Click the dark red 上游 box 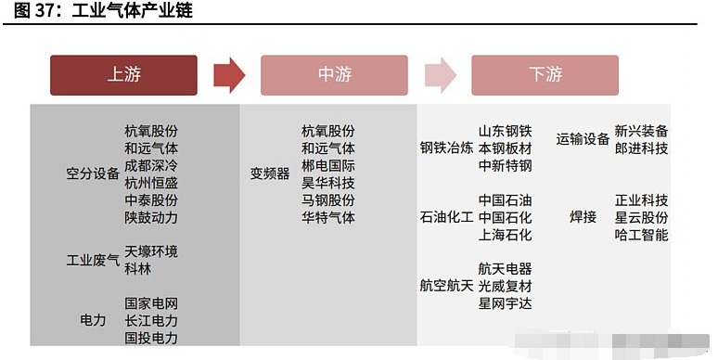click(x=123, y=75)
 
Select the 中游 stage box click(x=334, y=75)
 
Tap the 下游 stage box click(x=545, y=75)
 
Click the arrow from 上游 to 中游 click(x=228, y=75)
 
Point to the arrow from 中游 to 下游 click(x=440, y=75)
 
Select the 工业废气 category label click(x=93, y=260)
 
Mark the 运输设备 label click(x=583, y=140)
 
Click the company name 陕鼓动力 click(x=151, y=217)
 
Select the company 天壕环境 click(x=151, y=251)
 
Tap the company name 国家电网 click(x=151, y=303)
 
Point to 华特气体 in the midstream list click(x=327, y=217)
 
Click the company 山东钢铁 click(x=505, y=132)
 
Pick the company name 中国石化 click(x=505, y=217)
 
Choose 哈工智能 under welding click(x=641, y=235)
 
